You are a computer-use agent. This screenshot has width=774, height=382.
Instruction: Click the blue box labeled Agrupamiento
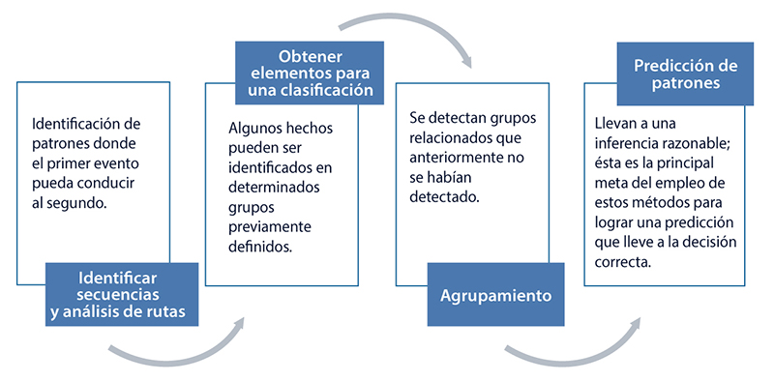[496, 295]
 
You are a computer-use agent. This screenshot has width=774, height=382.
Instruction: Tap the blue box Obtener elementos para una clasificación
[305, 72]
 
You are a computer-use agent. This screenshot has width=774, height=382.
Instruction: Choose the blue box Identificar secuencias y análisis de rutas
[124, 295]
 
